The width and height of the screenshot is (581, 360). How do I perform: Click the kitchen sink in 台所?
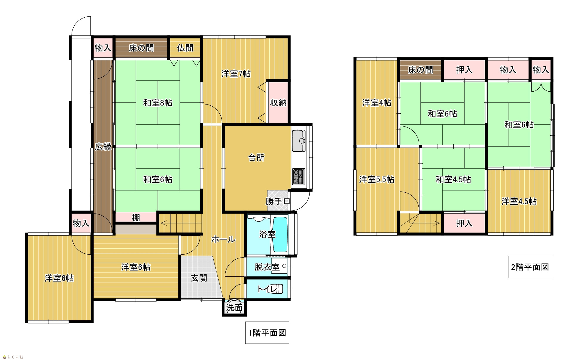(x=299, y=141)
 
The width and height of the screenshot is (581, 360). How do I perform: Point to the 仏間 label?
(x=185, y=48)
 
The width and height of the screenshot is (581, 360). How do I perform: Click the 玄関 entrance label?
(x=199, y=278)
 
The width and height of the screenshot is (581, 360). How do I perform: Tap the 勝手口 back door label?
(x=278, y=201)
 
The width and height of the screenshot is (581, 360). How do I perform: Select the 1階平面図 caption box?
(x=267, y=333)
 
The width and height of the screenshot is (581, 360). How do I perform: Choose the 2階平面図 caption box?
(x=530, y=267)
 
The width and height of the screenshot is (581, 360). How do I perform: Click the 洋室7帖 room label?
(x=236, y=74)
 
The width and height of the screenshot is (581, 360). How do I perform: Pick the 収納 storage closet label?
(x=278, y=103)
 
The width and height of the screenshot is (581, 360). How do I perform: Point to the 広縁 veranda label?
(x=103, y=147)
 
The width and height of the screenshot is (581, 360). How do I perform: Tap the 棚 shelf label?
(x=136, y=218)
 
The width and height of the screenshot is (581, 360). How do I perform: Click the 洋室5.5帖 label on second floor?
(x=377, y=179)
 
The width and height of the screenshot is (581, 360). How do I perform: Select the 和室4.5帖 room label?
(x=453, y=179)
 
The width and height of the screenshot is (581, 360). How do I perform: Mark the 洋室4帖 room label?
(x=377, y=103)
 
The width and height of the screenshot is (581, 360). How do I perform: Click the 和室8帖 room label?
(x=158, y=103)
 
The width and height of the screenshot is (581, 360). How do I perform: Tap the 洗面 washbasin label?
(x=234, y=308)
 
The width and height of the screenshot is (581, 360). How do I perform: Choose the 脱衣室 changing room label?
(x=267, y=267)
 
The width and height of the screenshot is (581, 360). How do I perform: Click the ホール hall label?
(x=223, y=240)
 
